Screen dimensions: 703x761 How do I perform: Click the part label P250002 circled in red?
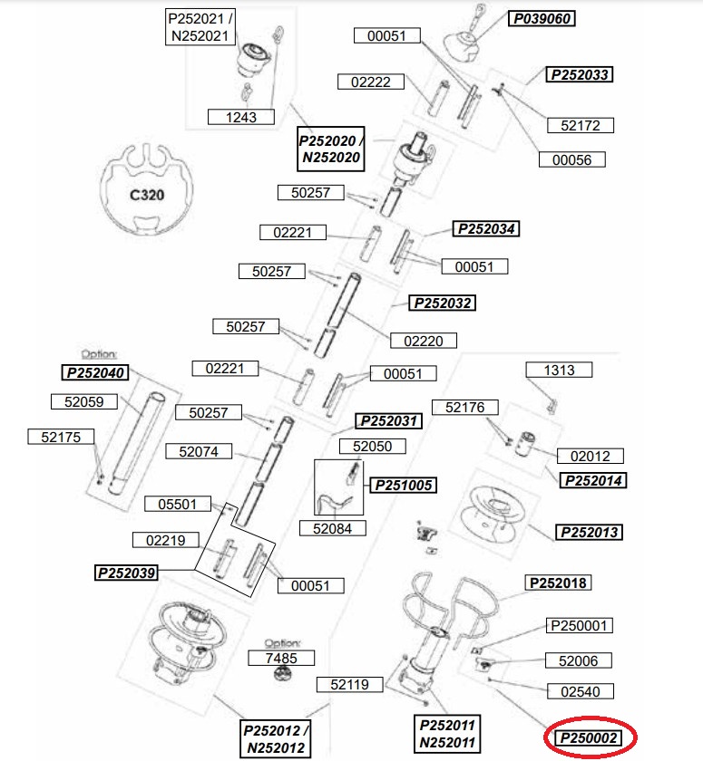click(x=589, y=738)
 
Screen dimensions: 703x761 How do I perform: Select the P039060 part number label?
click(x=542, y=18)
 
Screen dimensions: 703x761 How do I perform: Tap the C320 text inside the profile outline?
click(x=147, y=195)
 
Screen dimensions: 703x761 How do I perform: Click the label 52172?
click(x=580, y=125)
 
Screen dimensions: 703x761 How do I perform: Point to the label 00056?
click(x=571, y=159)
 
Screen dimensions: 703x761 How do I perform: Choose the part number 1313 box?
click(x=559, y=370)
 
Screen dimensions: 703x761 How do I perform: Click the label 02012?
click(x=590, y=457)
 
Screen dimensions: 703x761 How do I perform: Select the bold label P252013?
click(x=589, y=533)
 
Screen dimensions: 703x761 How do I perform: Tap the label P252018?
click(x=558, y=583)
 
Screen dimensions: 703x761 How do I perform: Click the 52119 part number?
click(x=350, y=684)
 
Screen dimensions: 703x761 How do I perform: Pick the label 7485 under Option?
click(x=281, y=658)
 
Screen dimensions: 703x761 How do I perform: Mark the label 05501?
click(x=178, y=504)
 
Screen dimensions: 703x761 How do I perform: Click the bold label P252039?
click(x=126, y=573)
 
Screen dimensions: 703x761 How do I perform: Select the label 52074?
click(x=199, y=451)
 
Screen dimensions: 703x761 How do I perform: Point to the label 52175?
click(x=61, y=437)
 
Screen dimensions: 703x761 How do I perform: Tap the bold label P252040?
click(x=95, y=372)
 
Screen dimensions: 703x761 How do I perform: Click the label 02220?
click(x=424, y=341)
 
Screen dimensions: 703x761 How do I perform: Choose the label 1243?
click(x=241, y=117)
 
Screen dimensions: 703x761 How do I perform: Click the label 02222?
click(x=371, y=82)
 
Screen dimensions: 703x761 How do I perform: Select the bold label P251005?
click(x=404, y=485)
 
